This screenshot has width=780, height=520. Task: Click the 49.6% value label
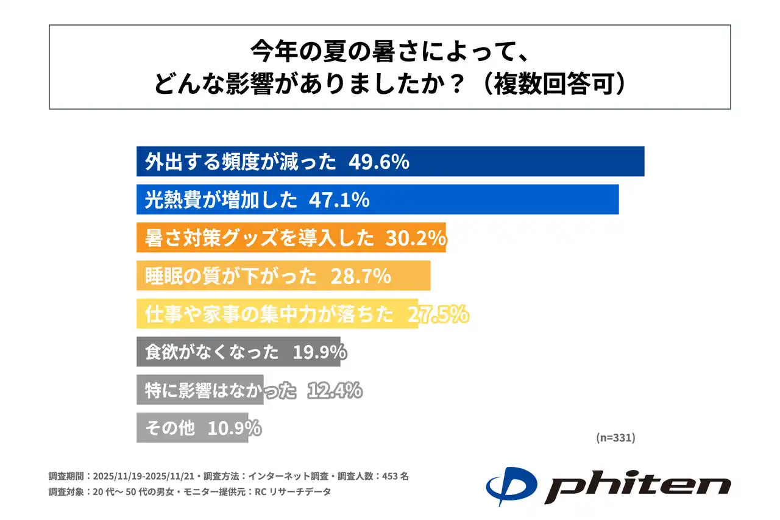(x=378, y=162)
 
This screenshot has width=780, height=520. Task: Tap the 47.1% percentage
(x=339, y=199)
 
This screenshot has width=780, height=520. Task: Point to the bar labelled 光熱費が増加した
(x=487, y=199)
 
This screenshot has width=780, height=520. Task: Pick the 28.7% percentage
(x=360, y=276)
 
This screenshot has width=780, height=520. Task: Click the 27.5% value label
(x=438, y=314)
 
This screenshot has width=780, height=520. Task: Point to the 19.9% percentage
(x=320, y=352)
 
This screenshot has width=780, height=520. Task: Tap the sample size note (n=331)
(x=615, y=438)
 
